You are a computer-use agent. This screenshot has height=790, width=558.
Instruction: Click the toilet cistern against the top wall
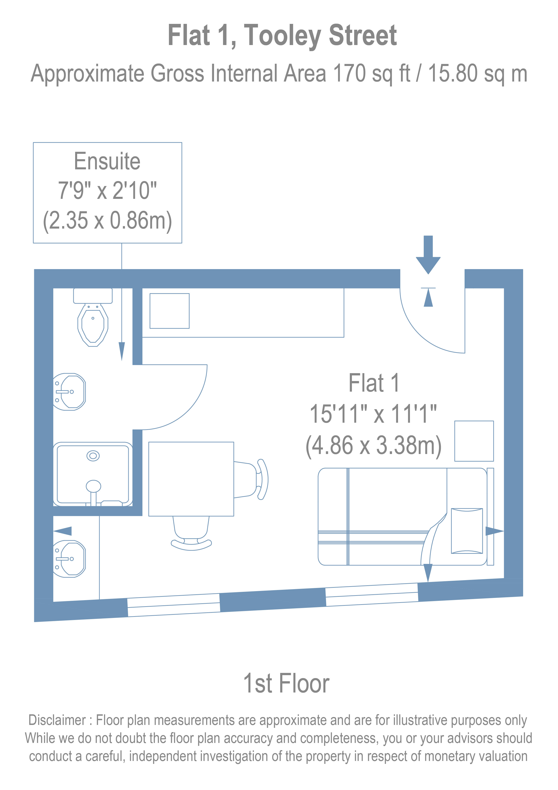(x=93, y=296)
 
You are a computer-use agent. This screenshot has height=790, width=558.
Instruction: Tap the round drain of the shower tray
(x=93, y=456)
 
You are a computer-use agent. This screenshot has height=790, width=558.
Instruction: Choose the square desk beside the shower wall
(x=191, y=479)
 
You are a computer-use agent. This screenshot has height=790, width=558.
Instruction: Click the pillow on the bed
(x=467, y=531)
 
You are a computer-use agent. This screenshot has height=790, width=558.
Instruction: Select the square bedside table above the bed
(x=474, y=441)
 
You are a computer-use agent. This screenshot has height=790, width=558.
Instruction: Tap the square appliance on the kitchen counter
(x=169, y=311)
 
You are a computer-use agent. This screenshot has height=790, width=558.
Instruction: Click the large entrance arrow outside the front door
(x=428, y=255)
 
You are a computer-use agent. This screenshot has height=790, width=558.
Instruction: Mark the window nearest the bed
(x=372, y=595)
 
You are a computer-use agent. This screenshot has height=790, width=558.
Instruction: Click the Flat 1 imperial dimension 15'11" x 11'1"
(x=373, y=414)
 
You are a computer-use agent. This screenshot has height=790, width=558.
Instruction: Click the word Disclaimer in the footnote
(x=57, y=720)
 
